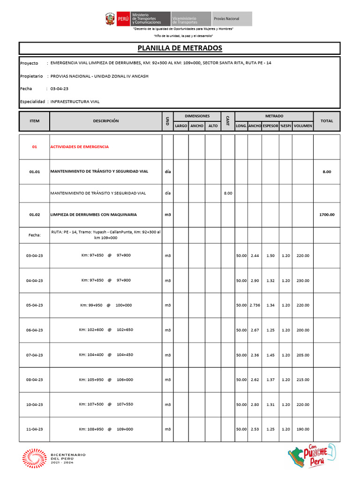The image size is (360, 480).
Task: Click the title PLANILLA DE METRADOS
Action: pyautogui.click(x=180, y=48)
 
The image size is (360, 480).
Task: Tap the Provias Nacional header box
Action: pyautogui.click(x=232, y=19)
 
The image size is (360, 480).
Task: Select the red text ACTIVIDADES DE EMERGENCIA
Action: pyautogui.click(x=79, y=147)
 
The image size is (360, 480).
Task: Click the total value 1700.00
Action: pyautogui.click(x=327, y=215)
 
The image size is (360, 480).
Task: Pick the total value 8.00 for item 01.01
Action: pyautogui.click(x=327, y=172)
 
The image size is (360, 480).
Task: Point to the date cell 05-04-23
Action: pyautogui.click(x=34, y=305)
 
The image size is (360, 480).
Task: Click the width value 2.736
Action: pyautogui.click(x=255, y=305)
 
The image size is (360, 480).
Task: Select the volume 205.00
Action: pyautogui.click(x=303, y=355)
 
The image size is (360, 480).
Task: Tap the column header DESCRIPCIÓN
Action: pyautogui.click(x=105, y=121)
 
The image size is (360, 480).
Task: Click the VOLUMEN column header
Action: pyautogui.click(x=303, y=126)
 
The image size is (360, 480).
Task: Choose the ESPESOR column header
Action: pyautogui.click(x=270, y=126)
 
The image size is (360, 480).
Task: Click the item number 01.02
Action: pyautogui.click(x=34, y=215)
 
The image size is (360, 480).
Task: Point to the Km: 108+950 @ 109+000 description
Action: pyautogui.click(x=105, y=429)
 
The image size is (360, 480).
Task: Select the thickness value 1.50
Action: pyautogui.click(x=270, y=255)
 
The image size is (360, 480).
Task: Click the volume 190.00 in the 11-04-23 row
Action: pyautogui.click(x=303, y=429)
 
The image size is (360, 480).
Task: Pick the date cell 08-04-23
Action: pyautogui.click(x=34, y=380)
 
